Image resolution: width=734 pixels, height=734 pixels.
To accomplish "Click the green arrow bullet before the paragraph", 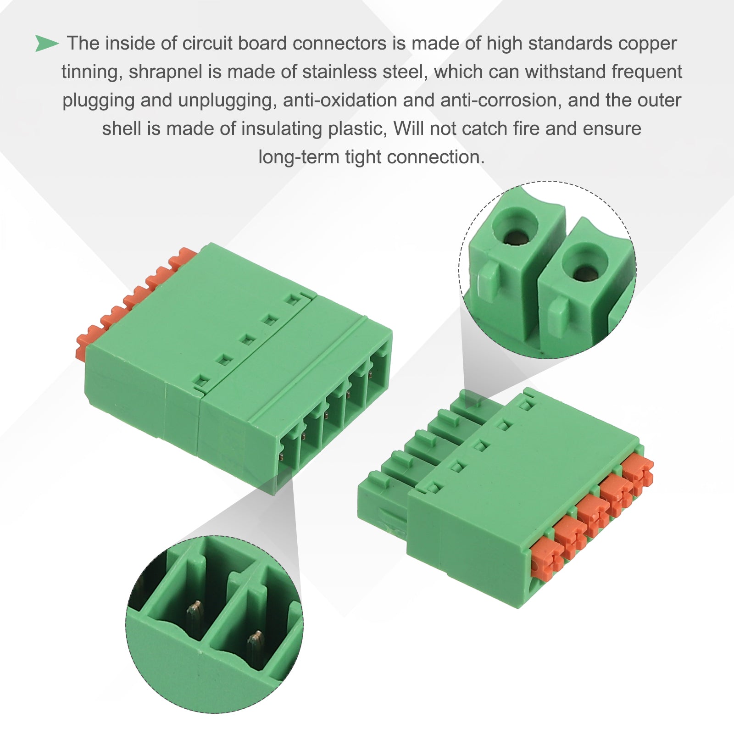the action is coord(47,44).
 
